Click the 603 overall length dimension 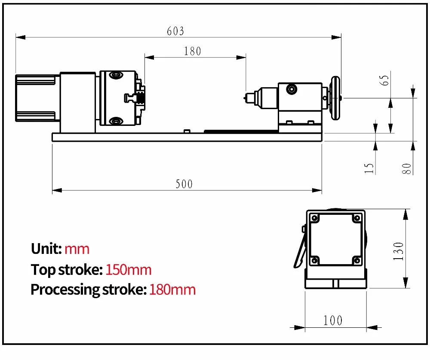click(x=175, y=31)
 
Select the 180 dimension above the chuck click(x=192, y=51)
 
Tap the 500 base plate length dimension click(x=184, y=184)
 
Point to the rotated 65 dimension click(x=385, y=80)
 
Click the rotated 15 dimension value click(x=369, y=168)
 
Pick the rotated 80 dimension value click(x=407, y=168)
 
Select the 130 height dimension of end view click(x=399, y=251)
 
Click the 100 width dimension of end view click(x=333, y=320)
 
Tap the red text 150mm click(x=129, y=270)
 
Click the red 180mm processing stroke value click(x=172, y=290)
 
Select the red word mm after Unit click(x=77, y=249)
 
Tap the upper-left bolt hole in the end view click(x=315, y=218)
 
